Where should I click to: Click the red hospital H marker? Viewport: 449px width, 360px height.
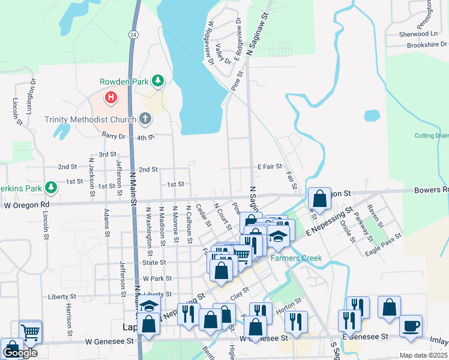111,97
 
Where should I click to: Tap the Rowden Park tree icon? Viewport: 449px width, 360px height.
157,80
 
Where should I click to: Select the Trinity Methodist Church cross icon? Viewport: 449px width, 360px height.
145,119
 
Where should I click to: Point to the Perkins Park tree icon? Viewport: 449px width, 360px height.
51,188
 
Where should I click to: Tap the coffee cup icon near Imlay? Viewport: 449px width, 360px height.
411,326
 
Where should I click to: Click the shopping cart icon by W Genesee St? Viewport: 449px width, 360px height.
30,331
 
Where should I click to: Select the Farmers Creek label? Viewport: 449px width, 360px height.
296,258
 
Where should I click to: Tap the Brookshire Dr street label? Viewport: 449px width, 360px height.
418,44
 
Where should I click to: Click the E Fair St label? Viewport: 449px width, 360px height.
270,166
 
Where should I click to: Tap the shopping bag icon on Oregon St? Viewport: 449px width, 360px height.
320,199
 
